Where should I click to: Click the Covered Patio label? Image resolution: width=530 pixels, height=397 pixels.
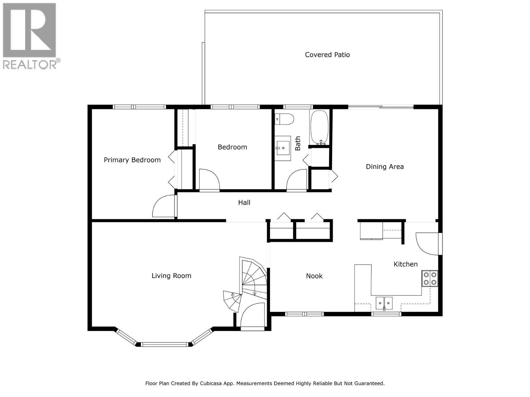pos(327,55)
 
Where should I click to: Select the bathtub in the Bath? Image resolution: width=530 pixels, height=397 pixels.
pos(319,127)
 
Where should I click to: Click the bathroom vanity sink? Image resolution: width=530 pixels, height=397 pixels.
pos(283,148)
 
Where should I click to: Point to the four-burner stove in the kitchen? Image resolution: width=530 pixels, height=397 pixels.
pos(430,278)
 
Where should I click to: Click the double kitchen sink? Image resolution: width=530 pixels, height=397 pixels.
pos(384,302)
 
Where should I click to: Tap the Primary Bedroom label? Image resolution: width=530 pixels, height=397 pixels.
pos(132,160)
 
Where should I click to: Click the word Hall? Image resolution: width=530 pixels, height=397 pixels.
pos(244,202)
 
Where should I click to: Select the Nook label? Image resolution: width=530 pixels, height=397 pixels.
pos(314,276)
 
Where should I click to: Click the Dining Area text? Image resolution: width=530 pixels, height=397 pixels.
pos(385,166)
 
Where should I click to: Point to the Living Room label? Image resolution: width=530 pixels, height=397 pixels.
pos(171,276)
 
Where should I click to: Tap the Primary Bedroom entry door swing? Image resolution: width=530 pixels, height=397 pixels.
pos(163,207)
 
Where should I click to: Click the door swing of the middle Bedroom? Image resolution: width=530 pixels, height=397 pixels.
pos(209,180)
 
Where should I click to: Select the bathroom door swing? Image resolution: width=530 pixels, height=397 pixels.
pos(297,181)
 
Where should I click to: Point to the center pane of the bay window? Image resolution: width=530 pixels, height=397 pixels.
pos(164,344)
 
